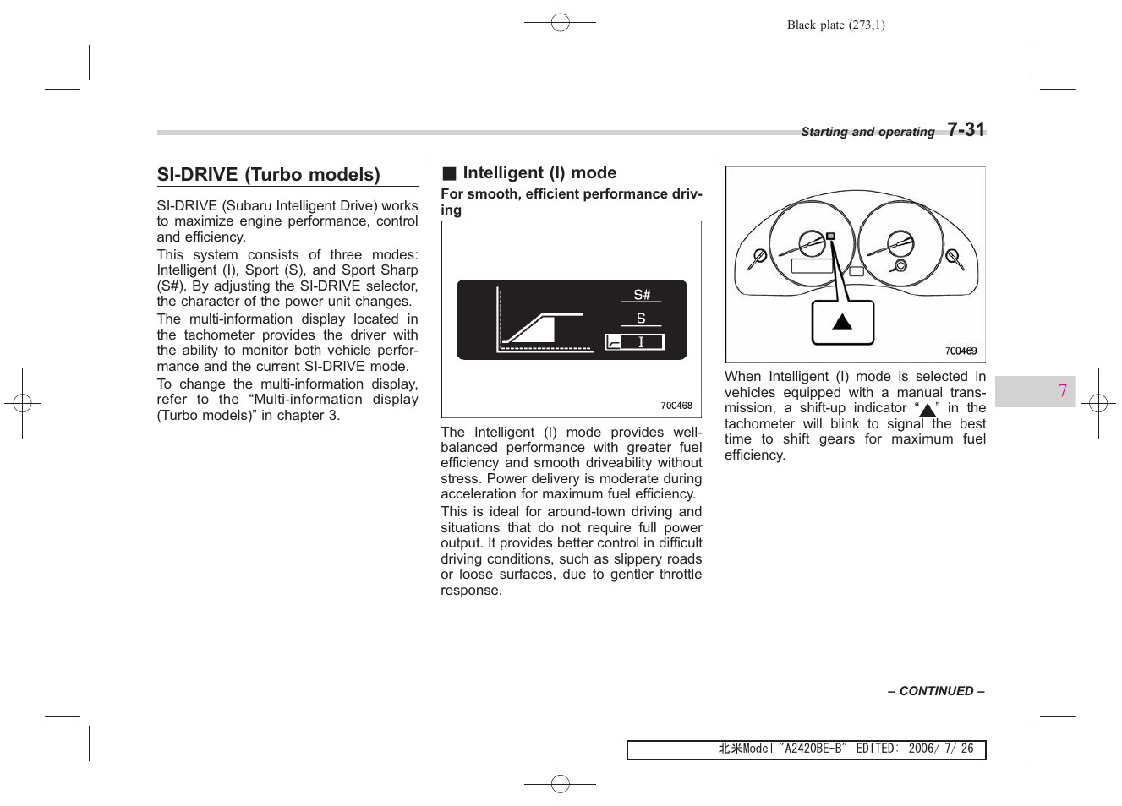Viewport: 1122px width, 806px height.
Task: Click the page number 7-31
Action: [x=966, y=129]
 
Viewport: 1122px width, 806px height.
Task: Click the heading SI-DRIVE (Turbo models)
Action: [x=268, y=175]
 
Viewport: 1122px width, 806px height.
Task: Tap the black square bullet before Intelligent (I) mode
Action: [x=449, y=174]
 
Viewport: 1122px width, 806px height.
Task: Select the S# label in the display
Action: [x=642, y=295]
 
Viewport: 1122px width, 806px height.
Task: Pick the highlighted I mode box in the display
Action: [x=635, y=342]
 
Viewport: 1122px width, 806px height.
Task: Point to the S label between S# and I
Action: [x=641, y=319]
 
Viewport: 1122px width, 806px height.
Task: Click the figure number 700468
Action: [x=676, y=406]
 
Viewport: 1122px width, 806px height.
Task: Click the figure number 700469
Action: [x=961, y=351]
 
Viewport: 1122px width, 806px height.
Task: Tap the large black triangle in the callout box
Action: [x=842, y=322]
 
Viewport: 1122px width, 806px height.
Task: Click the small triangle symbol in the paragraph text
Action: [x=928, y=410]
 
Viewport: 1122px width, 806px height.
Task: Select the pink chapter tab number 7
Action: [x=1062, y=390]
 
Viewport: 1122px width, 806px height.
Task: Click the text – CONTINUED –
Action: [x=936, y=691]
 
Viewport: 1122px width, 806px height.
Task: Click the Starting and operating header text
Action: [x=867, y=132]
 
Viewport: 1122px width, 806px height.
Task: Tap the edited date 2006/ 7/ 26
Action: [x=940, y=749]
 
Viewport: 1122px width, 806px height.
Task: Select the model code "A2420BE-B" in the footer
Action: [x=812, y=749]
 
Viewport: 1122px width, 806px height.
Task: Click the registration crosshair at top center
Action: [x=560, y=23]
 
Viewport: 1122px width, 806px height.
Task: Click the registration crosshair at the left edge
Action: [x=22, y=403]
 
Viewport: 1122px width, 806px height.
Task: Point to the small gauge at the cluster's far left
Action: [x=759, y=255]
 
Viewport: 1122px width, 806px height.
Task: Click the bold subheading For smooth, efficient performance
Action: [x=571, y=201]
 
